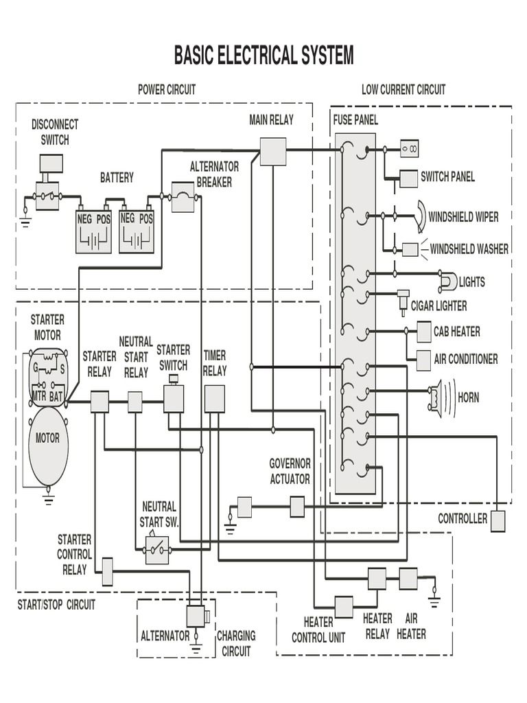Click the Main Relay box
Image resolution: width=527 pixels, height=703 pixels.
point(272,151)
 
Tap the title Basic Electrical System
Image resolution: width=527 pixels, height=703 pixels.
point(263,55)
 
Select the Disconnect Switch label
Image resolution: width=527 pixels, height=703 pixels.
point(55,132)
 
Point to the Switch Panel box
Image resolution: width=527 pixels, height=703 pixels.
point(408,178)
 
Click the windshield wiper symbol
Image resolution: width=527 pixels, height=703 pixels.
point(420,216)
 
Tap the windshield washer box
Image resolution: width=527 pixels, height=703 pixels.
point(410,249)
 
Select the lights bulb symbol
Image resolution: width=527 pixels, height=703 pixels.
point(447,281)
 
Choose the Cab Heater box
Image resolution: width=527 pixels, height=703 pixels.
point(423,332)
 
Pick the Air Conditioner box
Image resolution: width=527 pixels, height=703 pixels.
point(423,358)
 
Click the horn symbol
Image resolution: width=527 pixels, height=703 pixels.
point(435,397)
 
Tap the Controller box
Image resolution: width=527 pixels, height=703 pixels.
point(497,520)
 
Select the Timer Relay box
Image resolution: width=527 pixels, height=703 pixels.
point(214,399)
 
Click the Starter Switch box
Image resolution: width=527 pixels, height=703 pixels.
point(174,398)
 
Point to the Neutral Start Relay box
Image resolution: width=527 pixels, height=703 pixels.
point(135,402)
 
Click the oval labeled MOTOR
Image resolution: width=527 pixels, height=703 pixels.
point(48,446)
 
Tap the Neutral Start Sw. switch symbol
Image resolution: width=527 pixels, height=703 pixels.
point(157,549)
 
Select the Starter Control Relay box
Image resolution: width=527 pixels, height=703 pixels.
point(107,571)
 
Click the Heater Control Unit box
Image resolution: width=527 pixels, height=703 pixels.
point(344,606)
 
